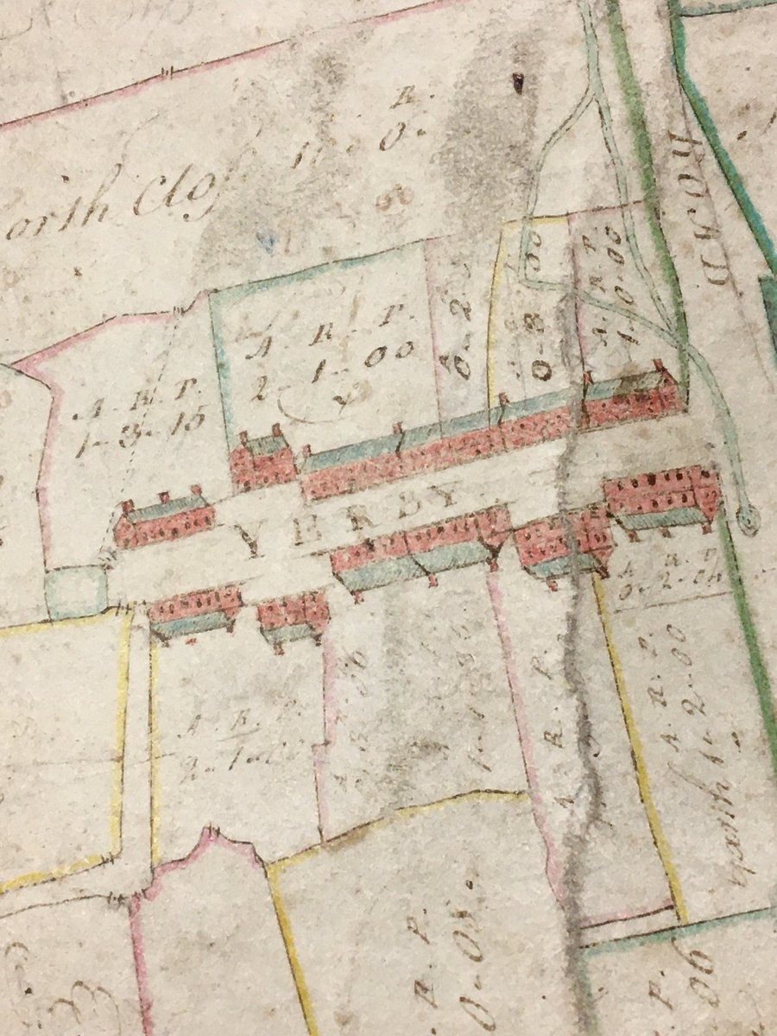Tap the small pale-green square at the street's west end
(x=75, y=591)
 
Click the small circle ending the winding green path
(x=748, y=520)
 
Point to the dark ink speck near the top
(x=518, y=83)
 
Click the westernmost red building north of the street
(x=164, y=521)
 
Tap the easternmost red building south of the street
(x=663, y=496)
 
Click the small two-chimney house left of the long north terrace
(x=262, y=459)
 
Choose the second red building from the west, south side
(x=293, y=617)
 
